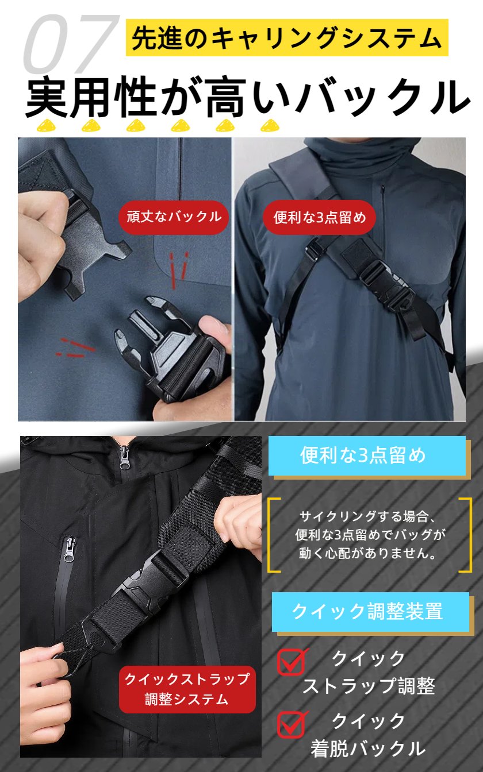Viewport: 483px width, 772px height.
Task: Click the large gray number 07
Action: pos(71,43)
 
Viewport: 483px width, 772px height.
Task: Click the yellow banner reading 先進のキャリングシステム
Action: pos(287,37)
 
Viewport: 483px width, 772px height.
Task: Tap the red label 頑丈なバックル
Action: pos(174,217)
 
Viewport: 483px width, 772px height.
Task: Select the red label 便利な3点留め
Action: pos(319,217)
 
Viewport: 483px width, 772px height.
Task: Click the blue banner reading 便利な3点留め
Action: pos(367,456)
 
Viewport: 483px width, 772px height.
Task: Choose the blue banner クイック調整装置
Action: pos(370,612)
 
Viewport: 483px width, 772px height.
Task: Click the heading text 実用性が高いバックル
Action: pos(248,96)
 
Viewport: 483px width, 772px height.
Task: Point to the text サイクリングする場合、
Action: pos(369,516)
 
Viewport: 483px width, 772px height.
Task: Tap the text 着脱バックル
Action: pos(368,748)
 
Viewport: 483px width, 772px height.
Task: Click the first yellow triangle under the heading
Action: pos(46,126)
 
